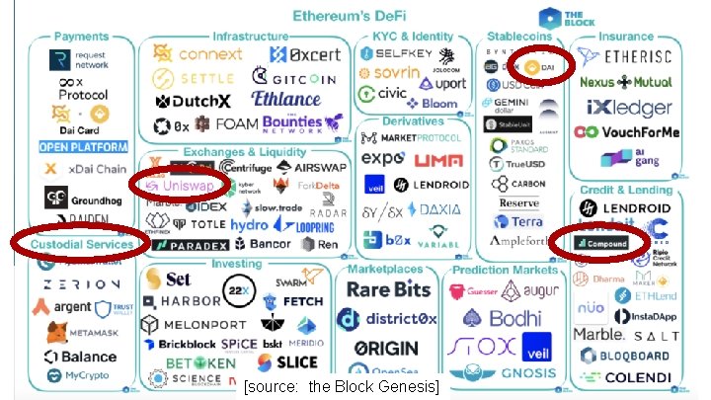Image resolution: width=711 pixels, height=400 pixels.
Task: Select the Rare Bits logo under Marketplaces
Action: (388, 288)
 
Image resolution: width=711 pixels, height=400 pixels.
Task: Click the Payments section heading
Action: (82, 37)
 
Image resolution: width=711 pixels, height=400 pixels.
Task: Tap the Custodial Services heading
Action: (82, 244)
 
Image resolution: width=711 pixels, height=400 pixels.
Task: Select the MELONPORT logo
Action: (193, 325)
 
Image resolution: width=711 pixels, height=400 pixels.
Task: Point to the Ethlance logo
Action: (287, 99)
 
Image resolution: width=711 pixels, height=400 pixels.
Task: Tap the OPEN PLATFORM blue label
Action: (84, 147)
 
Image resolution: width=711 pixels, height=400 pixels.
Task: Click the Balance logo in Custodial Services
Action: (83, 357)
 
